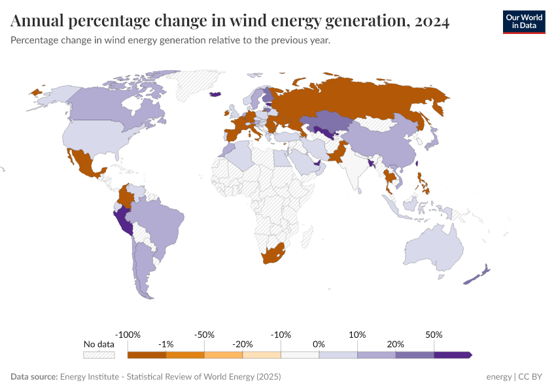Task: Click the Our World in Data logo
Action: (x=523, y=22)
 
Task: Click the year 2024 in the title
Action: (x=431, y=22)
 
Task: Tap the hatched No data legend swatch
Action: (x=99, y=355)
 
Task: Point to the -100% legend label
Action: (x=128, y=335)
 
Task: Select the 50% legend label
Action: (x=434, y=335)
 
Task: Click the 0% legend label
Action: (x=319, y=344)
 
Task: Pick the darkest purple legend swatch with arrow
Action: (x=453, y=355)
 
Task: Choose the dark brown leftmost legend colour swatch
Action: (x=147, y=355)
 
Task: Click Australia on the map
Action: (x=432, y=251)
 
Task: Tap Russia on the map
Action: (x=366, y=98)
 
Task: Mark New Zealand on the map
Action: (x=478, y=275)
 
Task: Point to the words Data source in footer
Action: (x=34, y=377)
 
